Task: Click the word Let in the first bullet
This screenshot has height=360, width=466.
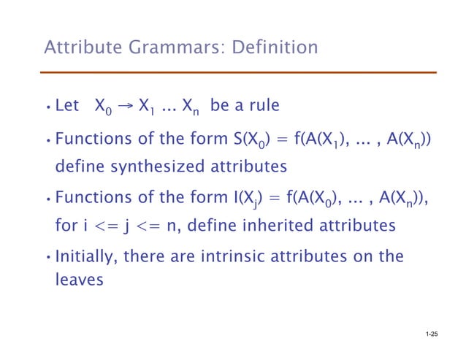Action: [x=67, y=107]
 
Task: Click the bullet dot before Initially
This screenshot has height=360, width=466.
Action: [x=47, y=257]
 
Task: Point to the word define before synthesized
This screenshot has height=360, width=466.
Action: [x=80, y=167]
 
